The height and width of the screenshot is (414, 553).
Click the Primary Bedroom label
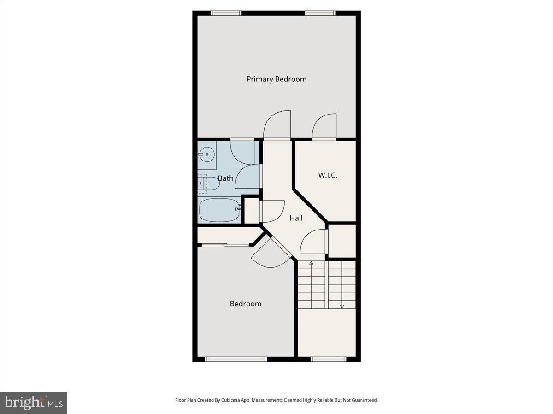click(276, 79)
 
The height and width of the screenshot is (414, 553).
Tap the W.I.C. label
click(328, 175)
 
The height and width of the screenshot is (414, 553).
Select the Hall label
click(296, 218)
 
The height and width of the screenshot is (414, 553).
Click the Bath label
click(225, 178)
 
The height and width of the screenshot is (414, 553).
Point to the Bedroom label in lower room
click(245, 304)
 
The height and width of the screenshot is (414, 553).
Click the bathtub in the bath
click(219, 210)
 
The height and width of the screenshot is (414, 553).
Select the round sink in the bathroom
click(207, 154)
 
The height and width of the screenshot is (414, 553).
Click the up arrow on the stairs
click(311, 264)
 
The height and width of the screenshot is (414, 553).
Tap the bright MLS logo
click(34, 403)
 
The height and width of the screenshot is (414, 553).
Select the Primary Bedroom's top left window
click(226, 13)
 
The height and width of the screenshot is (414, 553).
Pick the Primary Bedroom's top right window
click(320, 13)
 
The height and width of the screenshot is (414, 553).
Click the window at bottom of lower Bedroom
click(235, 359)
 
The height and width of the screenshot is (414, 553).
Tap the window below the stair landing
click(328, 359)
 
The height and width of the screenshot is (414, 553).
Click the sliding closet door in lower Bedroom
click(226, 245)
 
